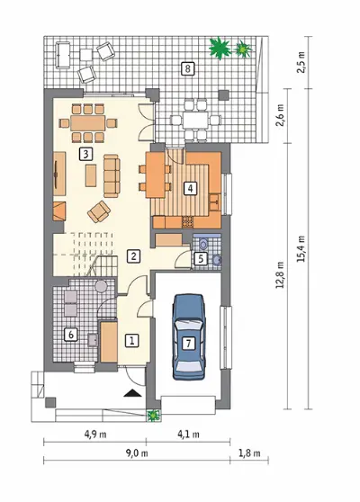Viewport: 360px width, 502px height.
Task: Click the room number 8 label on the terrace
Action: pyautogui.click(x=187, y=68)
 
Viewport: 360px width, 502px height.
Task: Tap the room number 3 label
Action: pyautogui.click(x=85, y=154)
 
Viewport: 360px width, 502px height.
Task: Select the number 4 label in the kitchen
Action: pyautogui.click(x=190, y=188)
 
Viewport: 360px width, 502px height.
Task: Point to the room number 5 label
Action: pyautogui.click(x=201, y=258)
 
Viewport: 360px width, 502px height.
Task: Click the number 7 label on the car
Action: pyautogui.click(x=188, y=344)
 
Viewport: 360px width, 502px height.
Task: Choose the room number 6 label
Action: pyautogui.click(x=71, y=335)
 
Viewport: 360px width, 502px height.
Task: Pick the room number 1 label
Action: pyautogui.click(x=131, y=341)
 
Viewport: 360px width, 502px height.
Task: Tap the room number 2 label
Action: pyautogui.click(x=133, y=255)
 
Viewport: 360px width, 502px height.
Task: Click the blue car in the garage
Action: pyautogui.click(x=189, y=337)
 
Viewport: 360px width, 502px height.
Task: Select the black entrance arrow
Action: pyautogui.click(x=132, y=393)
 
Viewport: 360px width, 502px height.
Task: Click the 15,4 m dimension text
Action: pyautogui.click(x=301, y=249)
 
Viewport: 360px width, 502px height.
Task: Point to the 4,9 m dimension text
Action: pyautogui.click(x=95, y=435)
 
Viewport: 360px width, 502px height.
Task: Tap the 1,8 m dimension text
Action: pyautogui.click(x=249, y=453)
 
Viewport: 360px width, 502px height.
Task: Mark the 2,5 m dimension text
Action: pyautogui.click(x=301, y=62)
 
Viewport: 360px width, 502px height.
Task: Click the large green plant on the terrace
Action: pyautogui.click(x=220, y=48)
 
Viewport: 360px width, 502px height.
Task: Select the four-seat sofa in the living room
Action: pyautogui.click(x=112, y=175)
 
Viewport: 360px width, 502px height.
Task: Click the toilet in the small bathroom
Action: pyautogui.click(x=203, y=244)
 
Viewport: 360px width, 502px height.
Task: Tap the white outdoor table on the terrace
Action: pyautogui.click(x=195, y=120)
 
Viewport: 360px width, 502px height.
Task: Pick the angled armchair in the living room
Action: pyautogui.click(x=99, y=211)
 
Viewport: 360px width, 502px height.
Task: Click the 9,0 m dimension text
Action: pyautogui.click(x=137, y=453)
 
